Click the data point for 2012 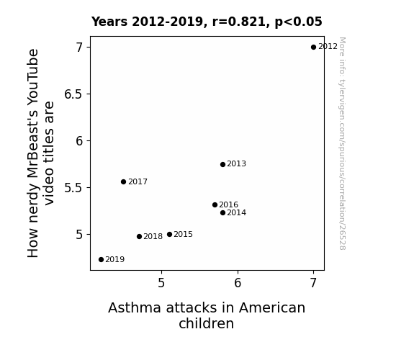coord(313,48)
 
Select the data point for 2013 coord(222,165)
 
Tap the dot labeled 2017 coord(123,181)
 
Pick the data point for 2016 coord(215,204)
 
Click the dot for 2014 coord(222,212)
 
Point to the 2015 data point coord(169,234)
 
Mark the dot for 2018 coord(139,236)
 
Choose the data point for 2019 coord(101,260)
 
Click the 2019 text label coord(115,260)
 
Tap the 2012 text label coord(328,47)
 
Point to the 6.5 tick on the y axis coord(73,94)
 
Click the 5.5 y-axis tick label coord(73,188)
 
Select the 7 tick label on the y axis coord(79,48)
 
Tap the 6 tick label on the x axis coord(238,283)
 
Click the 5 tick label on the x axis coord(161,283)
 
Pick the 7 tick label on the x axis coord(313,283)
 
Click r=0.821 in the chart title coord(240,22)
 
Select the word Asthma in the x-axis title coord(135,307)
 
